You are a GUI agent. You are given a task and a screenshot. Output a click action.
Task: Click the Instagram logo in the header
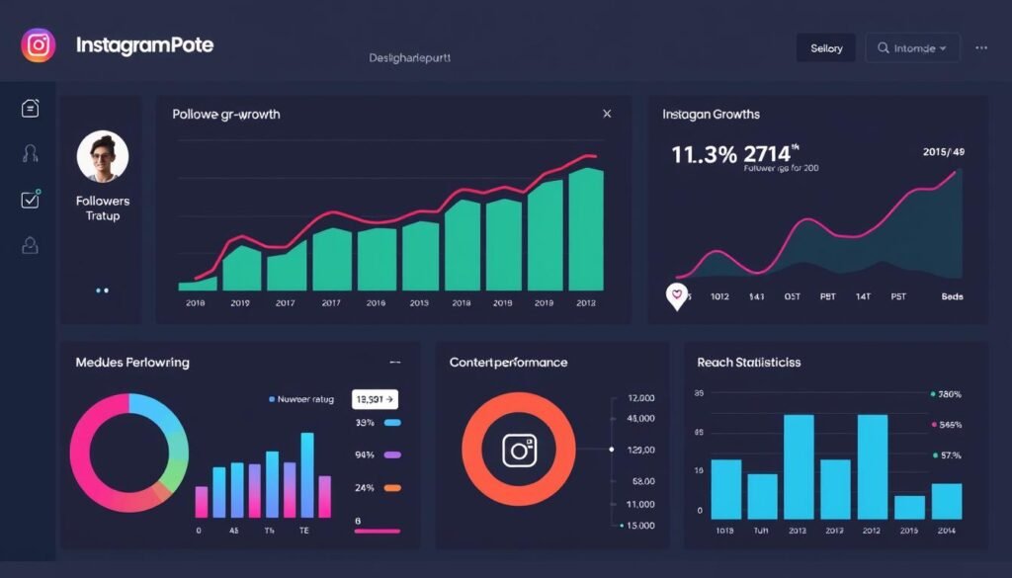click(38, 45)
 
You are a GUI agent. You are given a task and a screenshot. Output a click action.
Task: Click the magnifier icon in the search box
click(883, 47)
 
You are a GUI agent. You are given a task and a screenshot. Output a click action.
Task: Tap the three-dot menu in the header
click(980, 47)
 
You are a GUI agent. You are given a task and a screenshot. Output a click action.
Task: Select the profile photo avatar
click(102, 157)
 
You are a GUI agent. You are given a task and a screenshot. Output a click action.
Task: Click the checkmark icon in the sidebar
click(30, 200)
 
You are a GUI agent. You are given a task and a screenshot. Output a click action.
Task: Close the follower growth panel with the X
click(607, 114)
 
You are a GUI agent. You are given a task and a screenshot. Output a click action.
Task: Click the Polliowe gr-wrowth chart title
click(225, 115)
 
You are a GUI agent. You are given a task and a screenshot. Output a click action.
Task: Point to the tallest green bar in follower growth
click(585, 228)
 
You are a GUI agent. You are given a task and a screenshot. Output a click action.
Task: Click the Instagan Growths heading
click(711, 115)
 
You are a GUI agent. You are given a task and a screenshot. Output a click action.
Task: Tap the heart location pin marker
click(677, 294)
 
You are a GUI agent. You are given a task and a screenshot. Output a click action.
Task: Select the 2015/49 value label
click(942, 152)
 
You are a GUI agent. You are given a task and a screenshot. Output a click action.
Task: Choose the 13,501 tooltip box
click(375, 399)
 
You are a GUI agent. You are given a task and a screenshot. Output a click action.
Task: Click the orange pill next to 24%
click(392, 488)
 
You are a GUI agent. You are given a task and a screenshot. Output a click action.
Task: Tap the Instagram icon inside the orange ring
click(519, 451)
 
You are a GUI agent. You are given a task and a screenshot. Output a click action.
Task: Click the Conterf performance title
click(508, 363)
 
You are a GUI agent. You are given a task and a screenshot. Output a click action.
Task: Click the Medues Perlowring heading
click(131, 363)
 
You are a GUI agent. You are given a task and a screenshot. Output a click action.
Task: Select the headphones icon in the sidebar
click(30, 153)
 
